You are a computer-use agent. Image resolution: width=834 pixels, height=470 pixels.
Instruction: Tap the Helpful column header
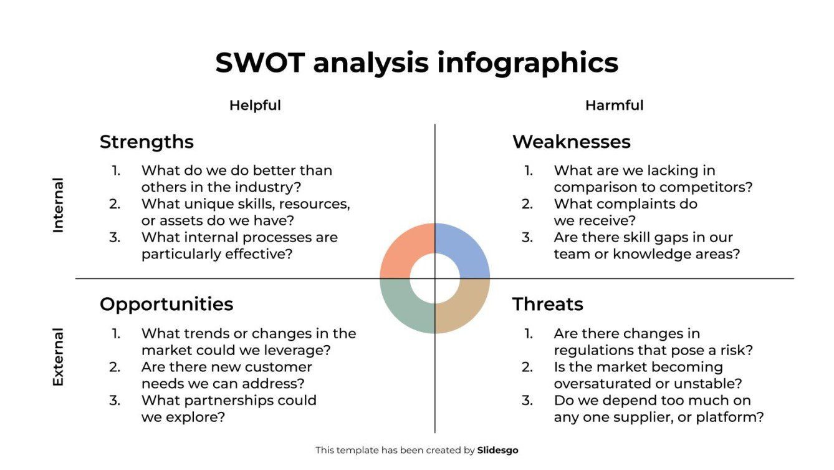coord(255,105)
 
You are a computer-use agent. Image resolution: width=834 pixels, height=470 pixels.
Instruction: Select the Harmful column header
coord(614,105)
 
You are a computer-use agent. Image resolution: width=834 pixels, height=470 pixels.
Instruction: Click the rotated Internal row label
coord(58,205)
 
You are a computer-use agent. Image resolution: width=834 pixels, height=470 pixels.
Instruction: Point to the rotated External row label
coord(58,357)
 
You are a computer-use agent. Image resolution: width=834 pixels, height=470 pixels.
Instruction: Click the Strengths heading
coord(146,142)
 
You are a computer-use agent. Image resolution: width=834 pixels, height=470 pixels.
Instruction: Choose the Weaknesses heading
coord(571,142)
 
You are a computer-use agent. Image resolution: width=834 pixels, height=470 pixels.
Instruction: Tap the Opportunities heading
coord(166,304)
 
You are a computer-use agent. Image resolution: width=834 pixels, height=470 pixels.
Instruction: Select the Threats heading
coord(547,304)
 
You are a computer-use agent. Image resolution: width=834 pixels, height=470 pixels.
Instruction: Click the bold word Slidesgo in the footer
coord(497,450)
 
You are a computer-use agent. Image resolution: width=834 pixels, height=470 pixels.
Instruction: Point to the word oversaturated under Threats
coord(603,383)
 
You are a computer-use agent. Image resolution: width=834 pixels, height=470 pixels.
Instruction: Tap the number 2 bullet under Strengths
coord(115,204)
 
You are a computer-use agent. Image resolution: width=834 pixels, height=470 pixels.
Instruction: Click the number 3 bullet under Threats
coord(527,400)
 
